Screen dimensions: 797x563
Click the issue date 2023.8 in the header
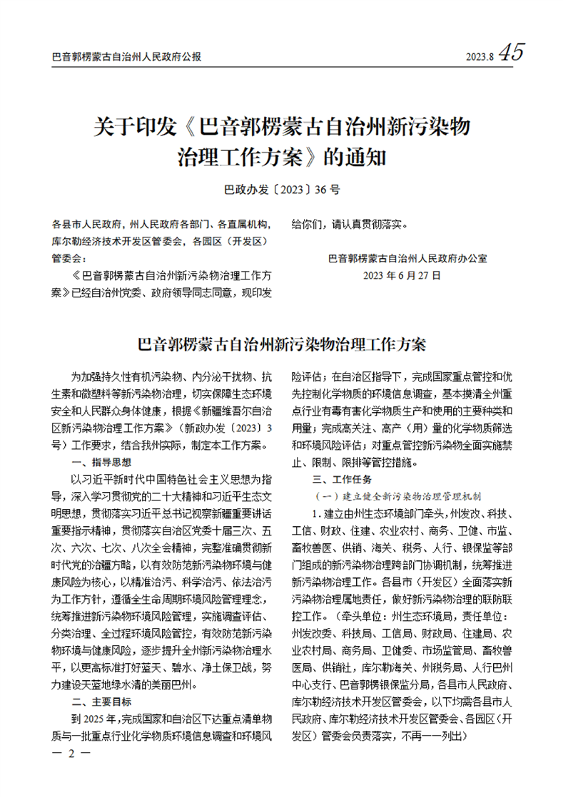coord(479,56)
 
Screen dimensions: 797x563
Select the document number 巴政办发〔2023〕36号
coord(281,190)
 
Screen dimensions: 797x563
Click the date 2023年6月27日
coord(402,274)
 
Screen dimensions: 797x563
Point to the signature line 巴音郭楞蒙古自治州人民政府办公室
coord(417,258)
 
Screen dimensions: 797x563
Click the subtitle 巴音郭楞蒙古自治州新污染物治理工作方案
coord(281,346)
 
